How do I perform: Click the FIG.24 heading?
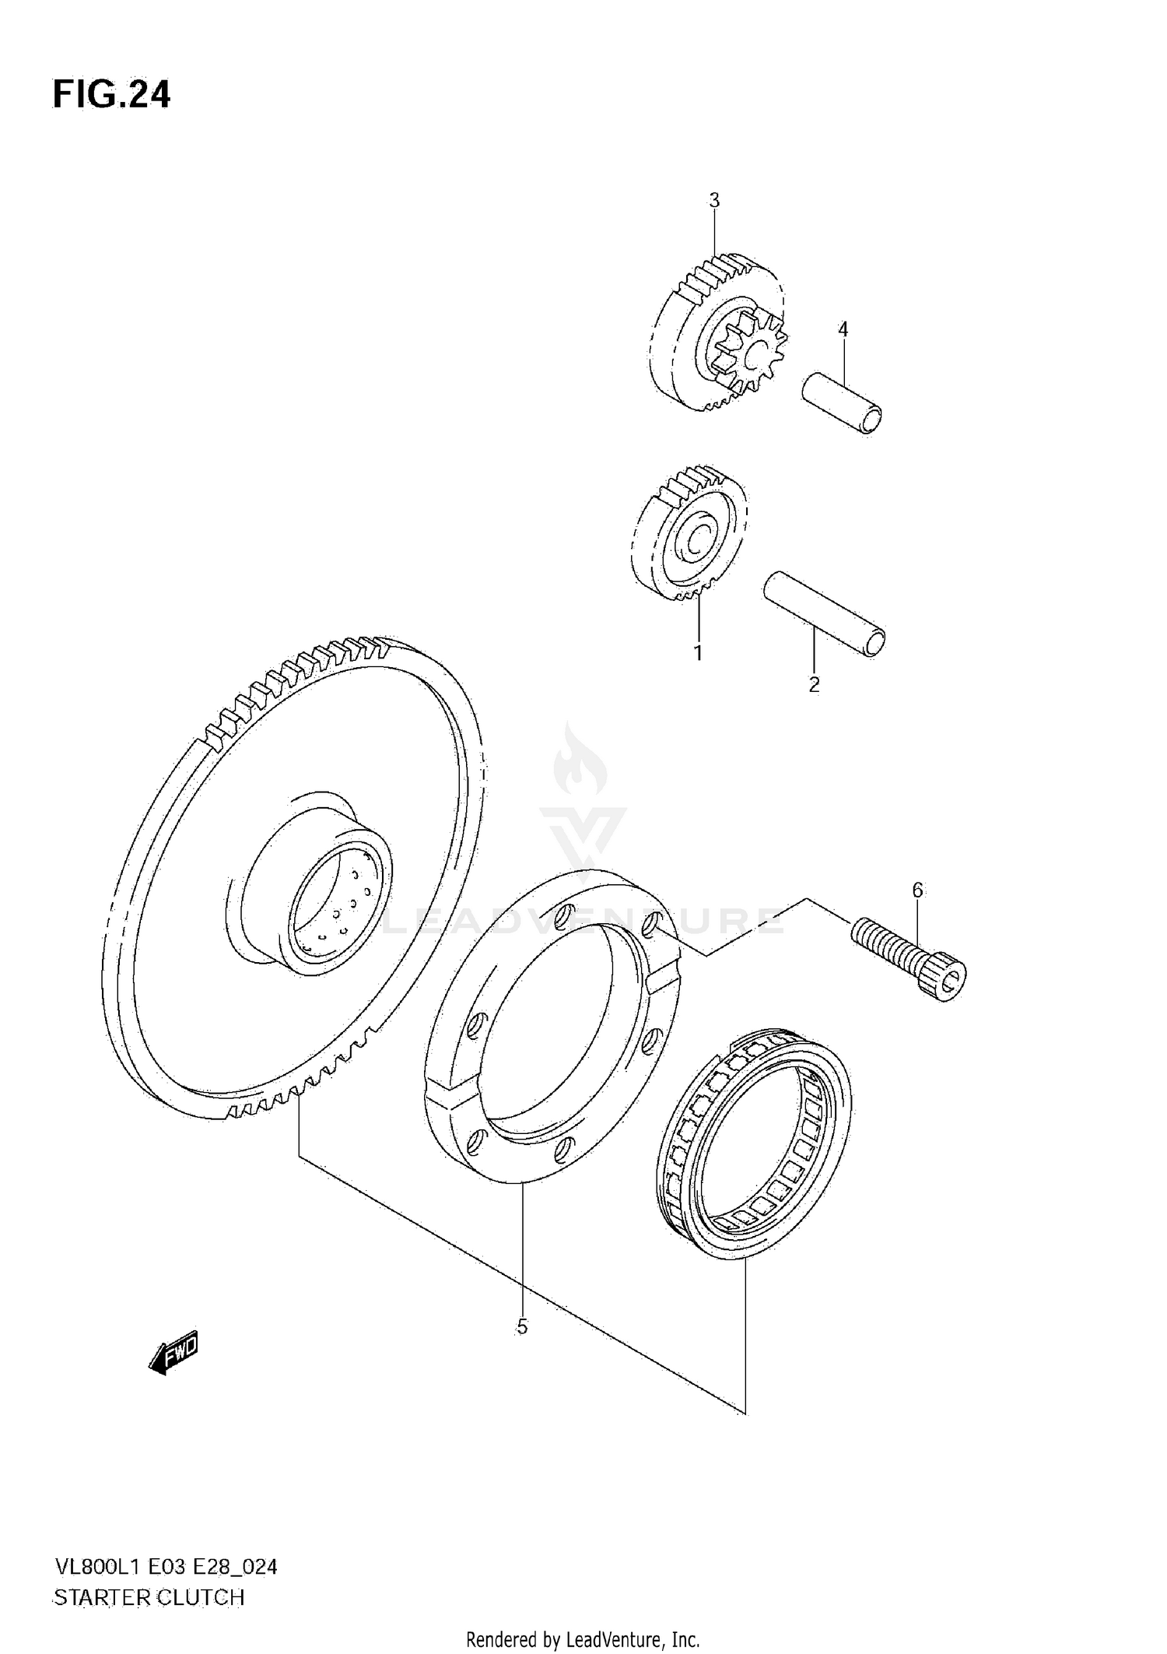[111, 94]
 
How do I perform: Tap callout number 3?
[714, 200]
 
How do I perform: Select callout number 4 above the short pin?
[843, 329]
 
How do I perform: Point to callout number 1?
[698, 652]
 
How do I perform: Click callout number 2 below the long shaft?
[814, 685]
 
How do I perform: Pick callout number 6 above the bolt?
[917, 890]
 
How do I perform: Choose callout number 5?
[522, 1327]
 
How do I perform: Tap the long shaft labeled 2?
[825, 615]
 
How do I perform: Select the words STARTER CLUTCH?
[148, 1598]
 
